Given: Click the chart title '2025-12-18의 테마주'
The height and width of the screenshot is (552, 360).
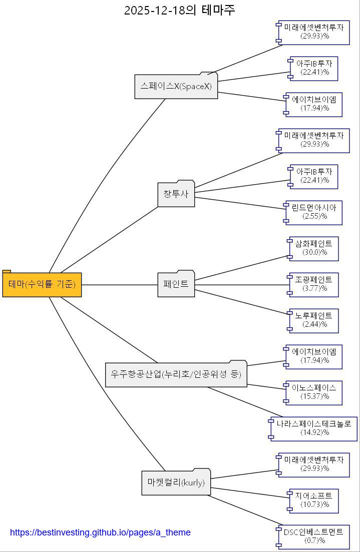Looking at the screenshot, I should [x=179, y=10].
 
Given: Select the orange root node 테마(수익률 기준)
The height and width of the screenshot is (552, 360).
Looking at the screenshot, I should [x=42, y=284].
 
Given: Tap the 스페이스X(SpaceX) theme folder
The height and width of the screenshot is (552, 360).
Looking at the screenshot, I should [x=176, y=87].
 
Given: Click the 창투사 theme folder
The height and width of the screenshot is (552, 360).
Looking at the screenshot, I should [x=176, y=194].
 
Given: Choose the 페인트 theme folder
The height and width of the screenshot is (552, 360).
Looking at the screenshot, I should [x=176, y=284].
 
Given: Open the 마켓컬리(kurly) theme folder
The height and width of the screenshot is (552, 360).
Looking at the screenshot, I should [x=176, y=482].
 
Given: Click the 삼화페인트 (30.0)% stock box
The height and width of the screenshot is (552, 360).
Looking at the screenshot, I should [x=314, y=248].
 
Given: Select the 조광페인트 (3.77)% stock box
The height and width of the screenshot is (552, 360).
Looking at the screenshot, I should [x=314, y=284].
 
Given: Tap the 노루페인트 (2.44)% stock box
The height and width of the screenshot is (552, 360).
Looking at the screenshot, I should [x=314, y=320].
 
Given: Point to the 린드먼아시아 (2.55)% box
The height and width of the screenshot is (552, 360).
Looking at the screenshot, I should [x=314, y=212].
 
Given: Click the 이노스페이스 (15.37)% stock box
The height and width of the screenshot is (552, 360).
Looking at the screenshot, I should [x=314, y=392].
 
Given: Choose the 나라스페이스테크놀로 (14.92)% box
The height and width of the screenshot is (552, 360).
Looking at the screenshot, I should [x=314, y=428].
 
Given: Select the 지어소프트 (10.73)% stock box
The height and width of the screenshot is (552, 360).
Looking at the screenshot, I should [x=314, y=500].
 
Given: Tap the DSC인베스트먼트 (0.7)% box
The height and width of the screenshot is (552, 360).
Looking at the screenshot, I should [x=314, y=536].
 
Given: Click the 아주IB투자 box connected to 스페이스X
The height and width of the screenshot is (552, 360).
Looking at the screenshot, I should [x=314, y=68].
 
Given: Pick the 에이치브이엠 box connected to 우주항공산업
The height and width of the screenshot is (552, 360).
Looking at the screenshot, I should [x=314, y=356].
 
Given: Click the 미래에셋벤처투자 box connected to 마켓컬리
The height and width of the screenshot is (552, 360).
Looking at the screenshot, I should [x=314, y=464].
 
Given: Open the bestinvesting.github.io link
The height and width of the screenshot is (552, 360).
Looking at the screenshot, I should [x=100, y=532].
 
